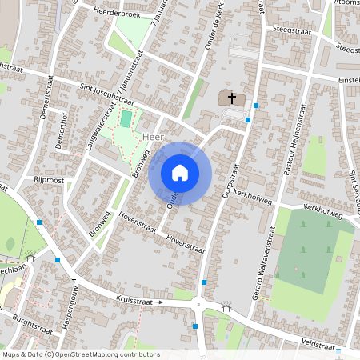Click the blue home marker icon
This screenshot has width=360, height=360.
(180, 172)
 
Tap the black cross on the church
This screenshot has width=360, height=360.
(233, 98)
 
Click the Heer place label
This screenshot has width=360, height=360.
(146, 138)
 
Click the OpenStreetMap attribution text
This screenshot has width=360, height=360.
(80, 354)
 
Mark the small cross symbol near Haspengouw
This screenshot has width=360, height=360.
(74, 281)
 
